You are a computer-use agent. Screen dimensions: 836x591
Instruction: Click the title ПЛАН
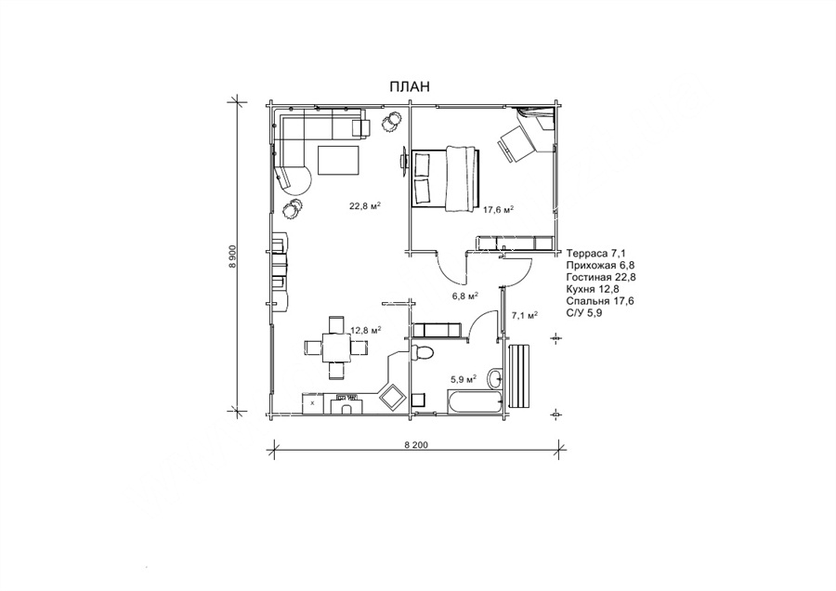(410, 86)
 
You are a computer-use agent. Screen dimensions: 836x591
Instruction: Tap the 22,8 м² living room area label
(365, 206)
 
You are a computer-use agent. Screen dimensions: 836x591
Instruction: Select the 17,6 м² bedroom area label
(499, 210)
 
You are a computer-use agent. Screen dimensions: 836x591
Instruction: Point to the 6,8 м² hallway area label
(465, 296)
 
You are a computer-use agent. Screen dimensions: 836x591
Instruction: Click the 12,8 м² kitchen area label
(365, 331)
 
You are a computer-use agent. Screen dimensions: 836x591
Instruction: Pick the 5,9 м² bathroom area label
(464, 380)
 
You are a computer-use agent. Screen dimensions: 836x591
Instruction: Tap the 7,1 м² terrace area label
(524, 316)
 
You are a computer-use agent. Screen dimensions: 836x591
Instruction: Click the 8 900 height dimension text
(232, 257)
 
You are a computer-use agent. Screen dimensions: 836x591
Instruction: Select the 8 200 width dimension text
(416, 445)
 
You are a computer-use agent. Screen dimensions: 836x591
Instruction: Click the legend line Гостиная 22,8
(601, 277)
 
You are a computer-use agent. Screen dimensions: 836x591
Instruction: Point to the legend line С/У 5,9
(584, 313)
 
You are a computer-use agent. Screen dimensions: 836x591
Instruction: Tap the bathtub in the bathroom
(475, 401)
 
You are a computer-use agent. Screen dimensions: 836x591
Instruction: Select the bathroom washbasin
(496, 378)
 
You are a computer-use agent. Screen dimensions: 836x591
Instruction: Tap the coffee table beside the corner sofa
(338, 160)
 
